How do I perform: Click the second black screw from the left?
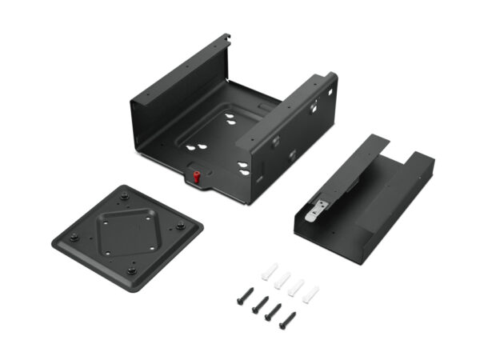pyautogui.click(x=258, y=304)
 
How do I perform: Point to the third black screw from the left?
pyautogui.click(x=272, y=313)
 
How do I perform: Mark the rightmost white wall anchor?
pyautogui.click(x=310, y=294)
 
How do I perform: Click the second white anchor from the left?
pyautogui.click(x=282, y=278)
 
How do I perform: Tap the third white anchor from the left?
pyautogui.click(x=296, y=286)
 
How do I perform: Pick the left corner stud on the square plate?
pyautogui.click(x=74, y=236)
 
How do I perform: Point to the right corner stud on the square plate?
pyautogui.click(x=181, y=226)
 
